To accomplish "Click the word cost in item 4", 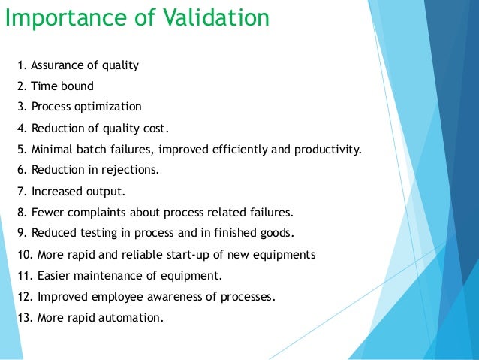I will coord(155,127).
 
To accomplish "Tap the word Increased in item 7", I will coord(56,191).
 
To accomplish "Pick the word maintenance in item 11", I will coord(103,275).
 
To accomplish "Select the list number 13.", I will coord(23,317).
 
